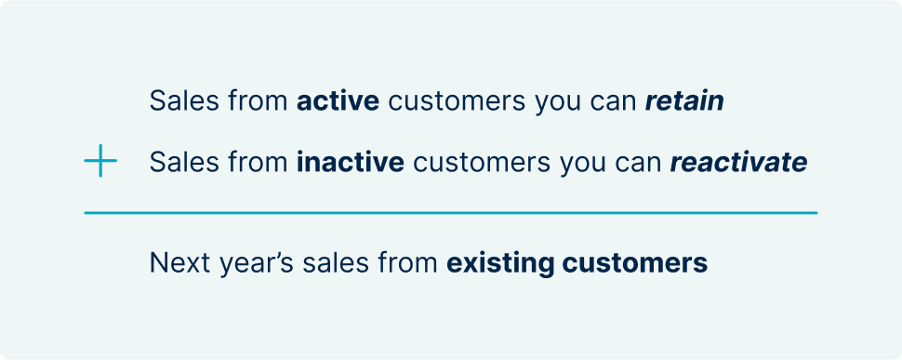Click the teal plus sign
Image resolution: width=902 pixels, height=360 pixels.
100,160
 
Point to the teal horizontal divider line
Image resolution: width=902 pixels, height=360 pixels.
450,213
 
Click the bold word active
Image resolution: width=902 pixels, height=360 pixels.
338,101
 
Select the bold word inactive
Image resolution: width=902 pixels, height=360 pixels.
351,162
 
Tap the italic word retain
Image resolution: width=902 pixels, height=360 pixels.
684,101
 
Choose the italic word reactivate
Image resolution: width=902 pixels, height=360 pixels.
738,162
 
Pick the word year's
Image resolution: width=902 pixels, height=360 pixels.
248,264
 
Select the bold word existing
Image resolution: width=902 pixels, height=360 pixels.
500,264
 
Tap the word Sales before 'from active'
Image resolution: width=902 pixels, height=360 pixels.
185,101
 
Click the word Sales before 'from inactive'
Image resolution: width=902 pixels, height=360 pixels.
185,162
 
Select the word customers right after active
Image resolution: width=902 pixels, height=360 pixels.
457,101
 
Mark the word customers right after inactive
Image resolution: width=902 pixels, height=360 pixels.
482,162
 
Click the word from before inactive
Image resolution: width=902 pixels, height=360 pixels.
259,162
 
